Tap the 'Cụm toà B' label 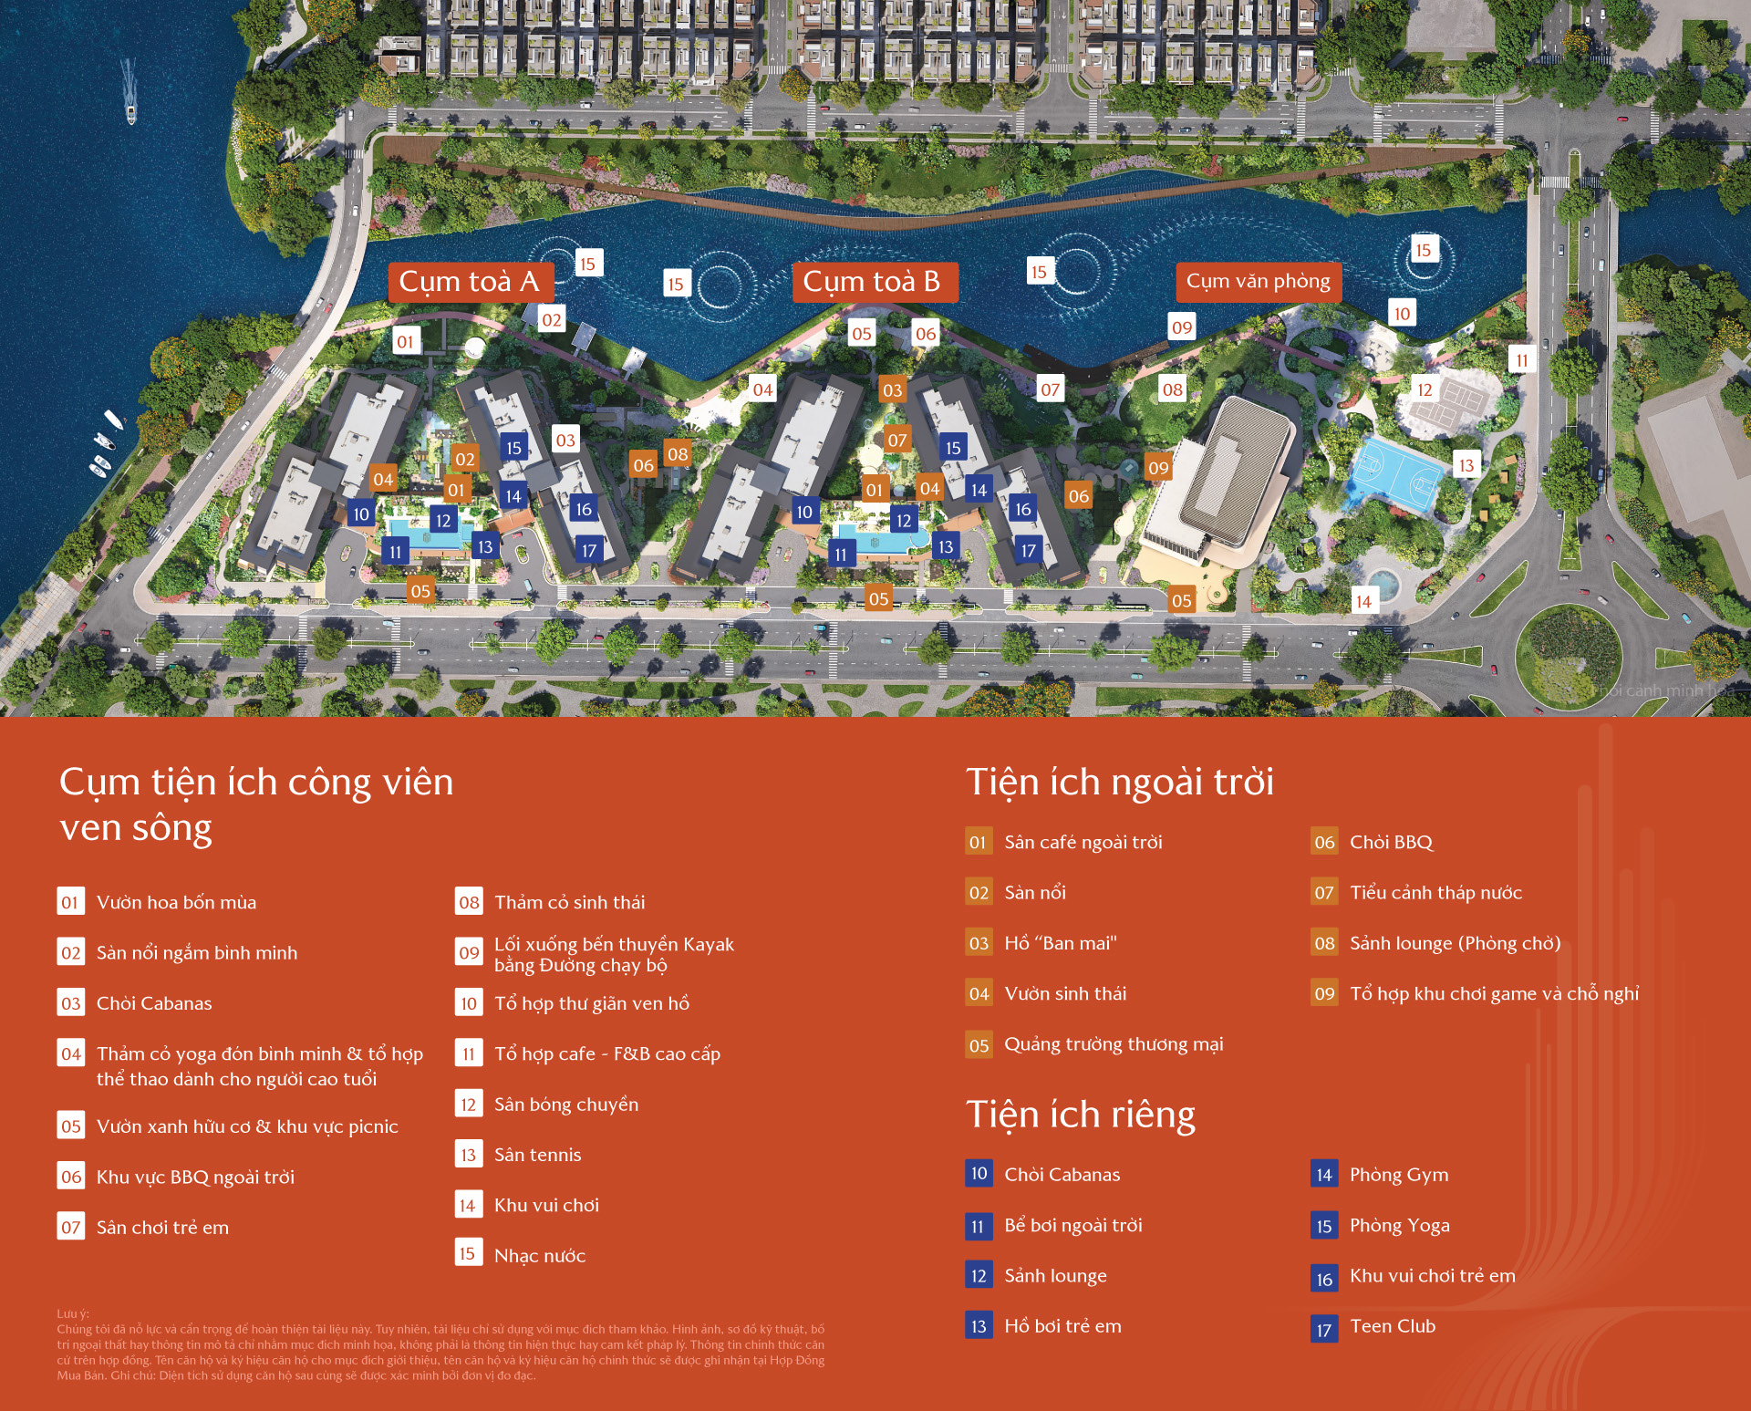pyautogui.click(x=872, y=282)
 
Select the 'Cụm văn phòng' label pyautogui.click(x=1258, y=282)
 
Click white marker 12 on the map pyautogui.click(x=1425, y=389)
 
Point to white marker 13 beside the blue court pyautogui.click(x=1466, y=465)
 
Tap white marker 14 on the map pyautogui.click(x=1363, y=601)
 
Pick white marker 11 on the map pyautogui.click(x=1521, y=360)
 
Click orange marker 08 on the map pyautogui.click(x=678, y=454)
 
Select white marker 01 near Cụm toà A pyautogui.click(x=405, y=342)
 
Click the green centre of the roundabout pyautogui.click(x=1567, y=653)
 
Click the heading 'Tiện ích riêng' pyautogui.click(x=1081, y=1115)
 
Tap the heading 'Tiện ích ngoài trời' pyautogui.click(x=1120, y=783)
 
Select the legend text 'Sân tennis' pyautogui.click(x=537, y=1155)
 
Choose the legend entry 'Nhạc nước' pyautogui.click(x=540, y=1256)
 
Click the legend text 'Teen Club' pyautogui.click(x=1393, y=1326)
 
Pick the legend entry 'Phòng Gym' pyautogui.click(x=1399, y=1175)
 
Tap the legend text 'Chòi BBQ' pyautogui.click(x=1392, y=843)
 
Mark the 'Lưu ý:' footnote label pyautogui.click(x=73, y=1313)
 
